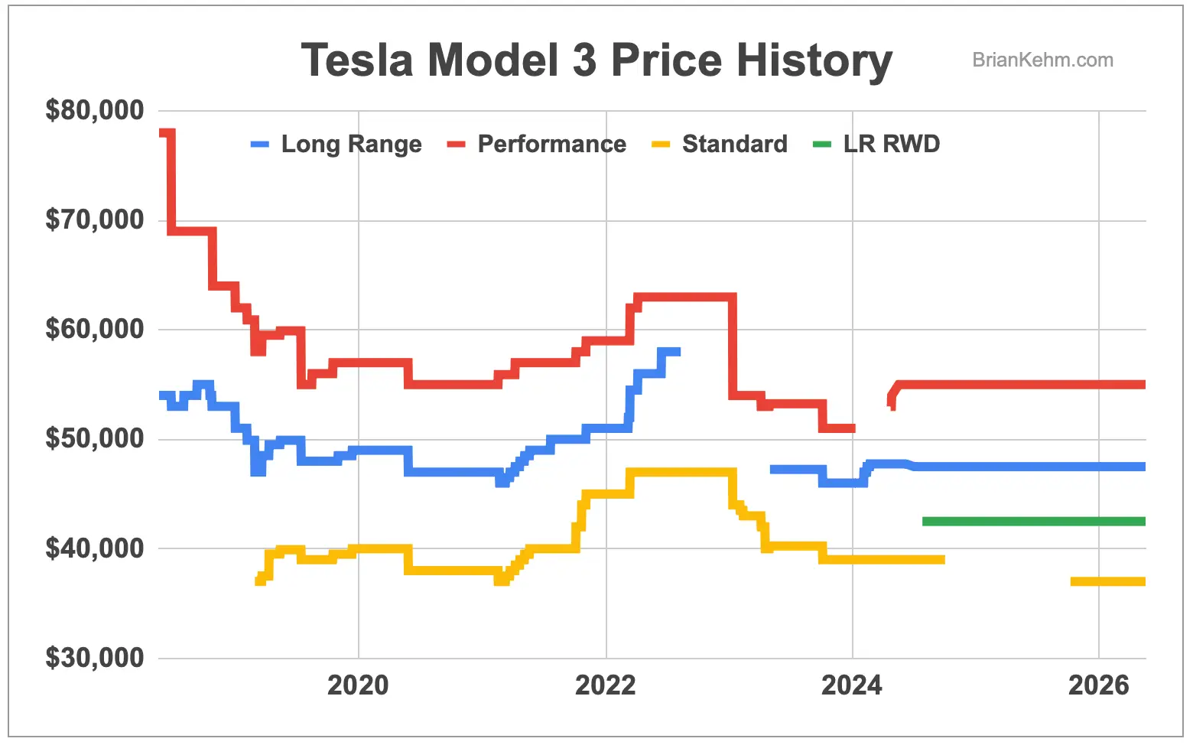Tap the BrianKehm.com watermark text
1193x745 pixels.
tap(1042, 60)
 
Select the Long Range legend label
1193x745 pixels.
tap(351, 144)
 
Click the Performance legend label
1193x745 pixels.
tap(551, 144)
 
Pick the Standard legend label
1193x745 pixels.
tap(734, 144)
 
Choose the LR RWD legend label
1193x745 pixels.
tap(891, 144)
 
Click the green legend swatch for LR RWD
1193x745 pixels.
tap(822, 144)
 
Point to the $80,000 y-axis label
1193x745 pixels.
tap(95, 110)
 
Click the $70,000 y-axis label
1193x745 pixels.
tap(95, 220)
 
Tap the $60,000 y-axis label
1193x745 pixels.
tap(95, 329)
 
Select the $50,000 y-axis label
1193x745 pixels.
tap(95, 438)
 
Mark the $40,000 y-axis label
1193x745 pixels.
tap(95, 548)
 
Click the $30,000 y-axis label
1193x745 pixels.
tap(95, 658)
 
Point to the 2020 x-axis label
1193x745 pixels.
tap(358, 685)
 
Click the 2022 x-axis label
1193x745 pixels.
tap(606, 685)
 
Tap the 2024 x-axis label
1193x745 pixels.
tap(852, 685)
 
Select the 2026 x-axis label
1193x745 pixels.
tap(1098, 685)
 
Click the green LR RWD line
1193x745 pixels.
tap(1032, 522)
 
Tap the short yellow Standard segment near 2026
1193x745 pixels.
tap(1107, 582)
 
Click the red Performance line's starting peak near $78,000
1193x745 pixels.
tap(167, 134)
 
